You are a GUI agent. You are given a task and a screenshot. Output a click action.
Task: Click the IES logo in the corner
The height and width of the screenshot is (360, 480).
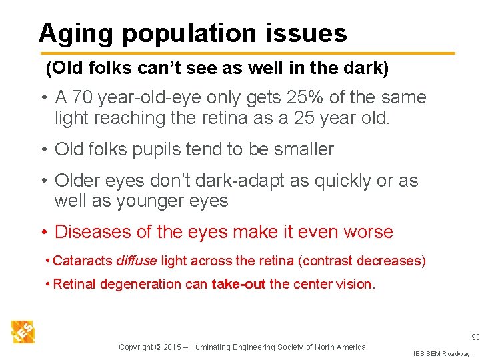(23, 331)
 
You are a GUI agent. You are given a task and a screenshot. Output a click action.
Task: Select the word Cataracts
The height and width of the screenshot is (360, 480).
(83, 261)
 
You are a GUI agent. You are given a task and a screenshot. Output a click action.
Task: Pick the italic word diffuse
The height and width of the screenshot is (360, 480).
(137, 261)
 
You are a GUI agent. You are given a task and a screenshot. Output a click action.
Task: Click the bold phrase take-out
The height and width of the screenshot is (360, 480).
(239, 285)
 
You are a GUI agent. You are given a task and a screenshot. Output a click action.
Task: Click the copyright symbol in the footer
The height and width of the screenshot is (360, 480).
(159, 347)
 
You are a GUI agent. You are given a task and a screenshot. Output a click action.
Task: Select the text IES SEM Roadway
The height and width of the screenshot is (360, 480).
(441, 353)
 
